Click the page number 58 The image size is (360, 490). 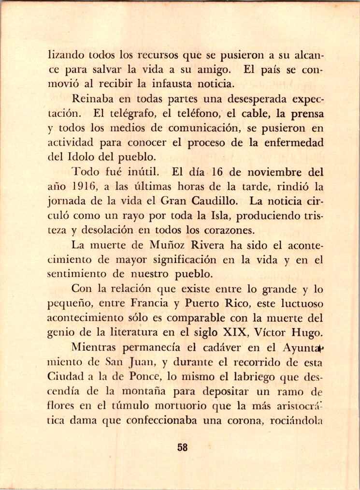tap(182, 447)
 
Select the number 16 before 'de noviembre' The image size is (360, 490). tap(214, 172)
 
